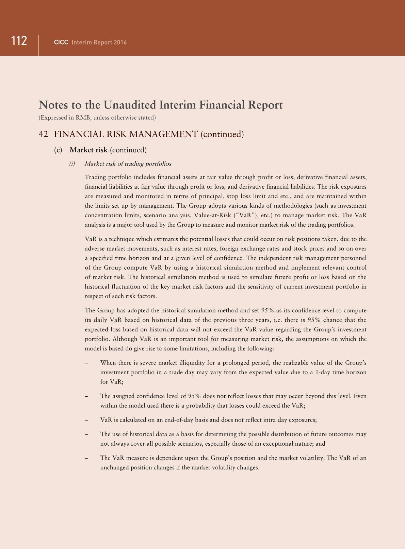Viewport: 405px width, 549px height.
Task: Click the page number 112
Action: coord(19,41)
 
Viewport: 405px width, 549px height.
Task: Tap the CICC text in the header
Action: coord(61,42)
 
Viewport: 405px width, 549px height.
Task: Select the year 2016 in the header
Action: coord(120,42)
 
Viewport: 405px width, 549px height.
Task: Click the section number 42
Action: coord(43,134)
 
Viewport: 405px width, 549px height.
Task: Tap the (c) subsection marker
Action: coord(58,150)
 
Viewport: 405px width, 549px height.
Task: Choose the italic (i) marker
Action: coord(72,164)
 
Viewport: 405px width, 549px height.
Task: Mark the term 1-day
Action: coord(323,372)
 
